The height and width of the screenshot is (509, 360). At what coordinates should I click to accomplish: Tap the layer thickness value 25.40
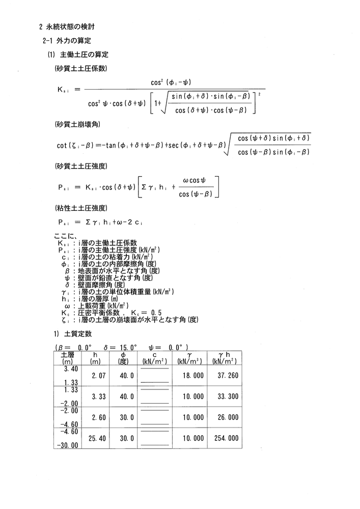coord(97,438)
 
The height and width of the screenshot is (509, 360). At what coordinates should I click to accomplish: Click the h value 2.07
coord(98,375)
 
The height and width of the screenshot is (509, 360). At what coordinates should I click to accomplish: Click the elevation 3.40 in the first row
coord(71,368)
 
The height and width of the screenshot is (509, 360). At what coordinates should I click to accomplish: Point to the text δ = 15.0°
coord(121,347)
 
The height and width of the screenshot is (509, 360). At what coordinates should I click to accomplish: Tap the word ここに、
coord(65,236)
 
